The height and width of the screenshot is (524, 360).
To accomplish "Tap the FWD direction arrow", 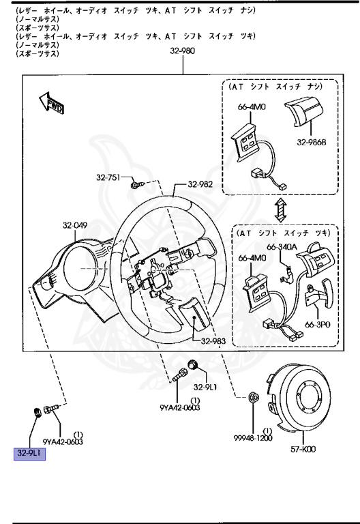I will point(51,103).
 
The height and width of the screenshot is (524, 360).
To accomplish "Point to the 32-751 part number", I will point(108,178).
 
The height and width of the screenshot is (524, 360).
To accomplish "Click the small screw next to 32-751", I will point(136,182).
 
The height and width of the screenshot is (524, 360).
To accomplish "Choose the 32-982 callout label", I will point(201,184).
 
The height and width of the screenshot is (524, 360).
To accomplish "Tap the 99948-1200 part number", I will point(252,438).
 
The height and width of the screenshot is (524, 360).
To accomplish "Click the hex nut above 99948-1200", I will point(252,396).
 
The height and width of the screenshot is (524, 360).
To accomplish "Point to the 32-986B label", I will point(311,143).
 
